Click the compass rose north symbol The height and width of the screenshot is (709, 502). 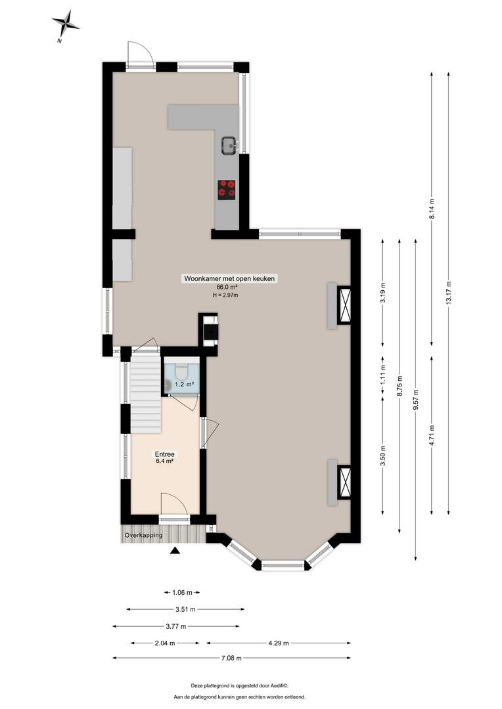(x=66, y=26)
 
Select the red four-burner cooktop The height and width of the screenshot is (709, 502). (x=227, y=190)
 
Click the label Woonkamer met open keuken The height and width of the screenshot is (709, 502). (x=229, y=278)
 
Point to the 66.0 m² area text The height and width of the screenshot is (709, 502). (x=227, y=287)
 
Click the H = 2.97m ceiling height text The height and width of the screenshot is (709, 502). (x=225, y=295)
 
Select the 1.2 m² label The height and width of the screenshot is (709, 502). (x=184, y=384)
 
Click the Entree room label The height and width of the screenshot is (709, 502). (x=165, y=454)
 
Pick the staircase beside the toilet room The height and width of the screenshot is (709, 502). (x=146, y=394)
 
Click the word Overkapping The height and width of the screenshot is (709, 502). (x=144, y=536)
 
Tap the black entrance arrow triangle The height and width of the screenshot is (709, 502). (x=175, y=550)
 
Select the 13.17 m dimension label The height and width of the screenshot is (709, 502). (x=449, y=293)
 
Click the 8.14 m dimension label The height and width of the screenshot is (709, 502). (x=432, y=209)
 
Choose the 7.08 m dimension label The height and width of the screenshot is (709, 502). (x=231, y=658)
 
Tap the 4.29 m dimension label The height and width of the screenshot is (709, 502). (x=279, y=643)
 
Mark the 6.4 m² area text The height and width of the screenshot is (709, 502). (x=165, y=462)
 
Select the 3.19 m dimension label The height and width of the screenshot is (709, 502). (x=383, y=293)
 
